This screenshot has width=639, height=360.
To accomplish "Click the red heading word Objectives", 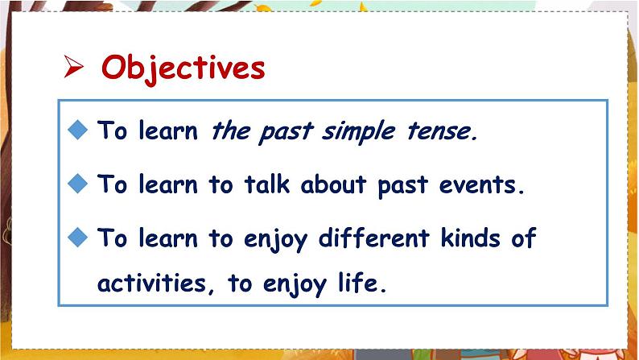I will click(x=183, y=68).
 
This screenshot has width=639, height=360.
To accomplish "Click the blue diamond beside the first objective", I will click(x=77, y=130).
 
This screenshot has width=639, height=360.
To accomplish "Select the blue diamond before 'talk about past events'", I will click(x=77, y=184).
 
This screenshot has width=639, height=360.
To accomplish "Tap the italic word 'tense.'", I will click(x=439, y=132).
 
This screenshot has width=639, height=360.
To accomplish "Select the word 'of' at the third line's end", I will click(x=523, y=238).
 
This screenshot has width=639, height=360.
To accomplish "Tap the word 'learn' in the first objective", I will click(x=168, y=132).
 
